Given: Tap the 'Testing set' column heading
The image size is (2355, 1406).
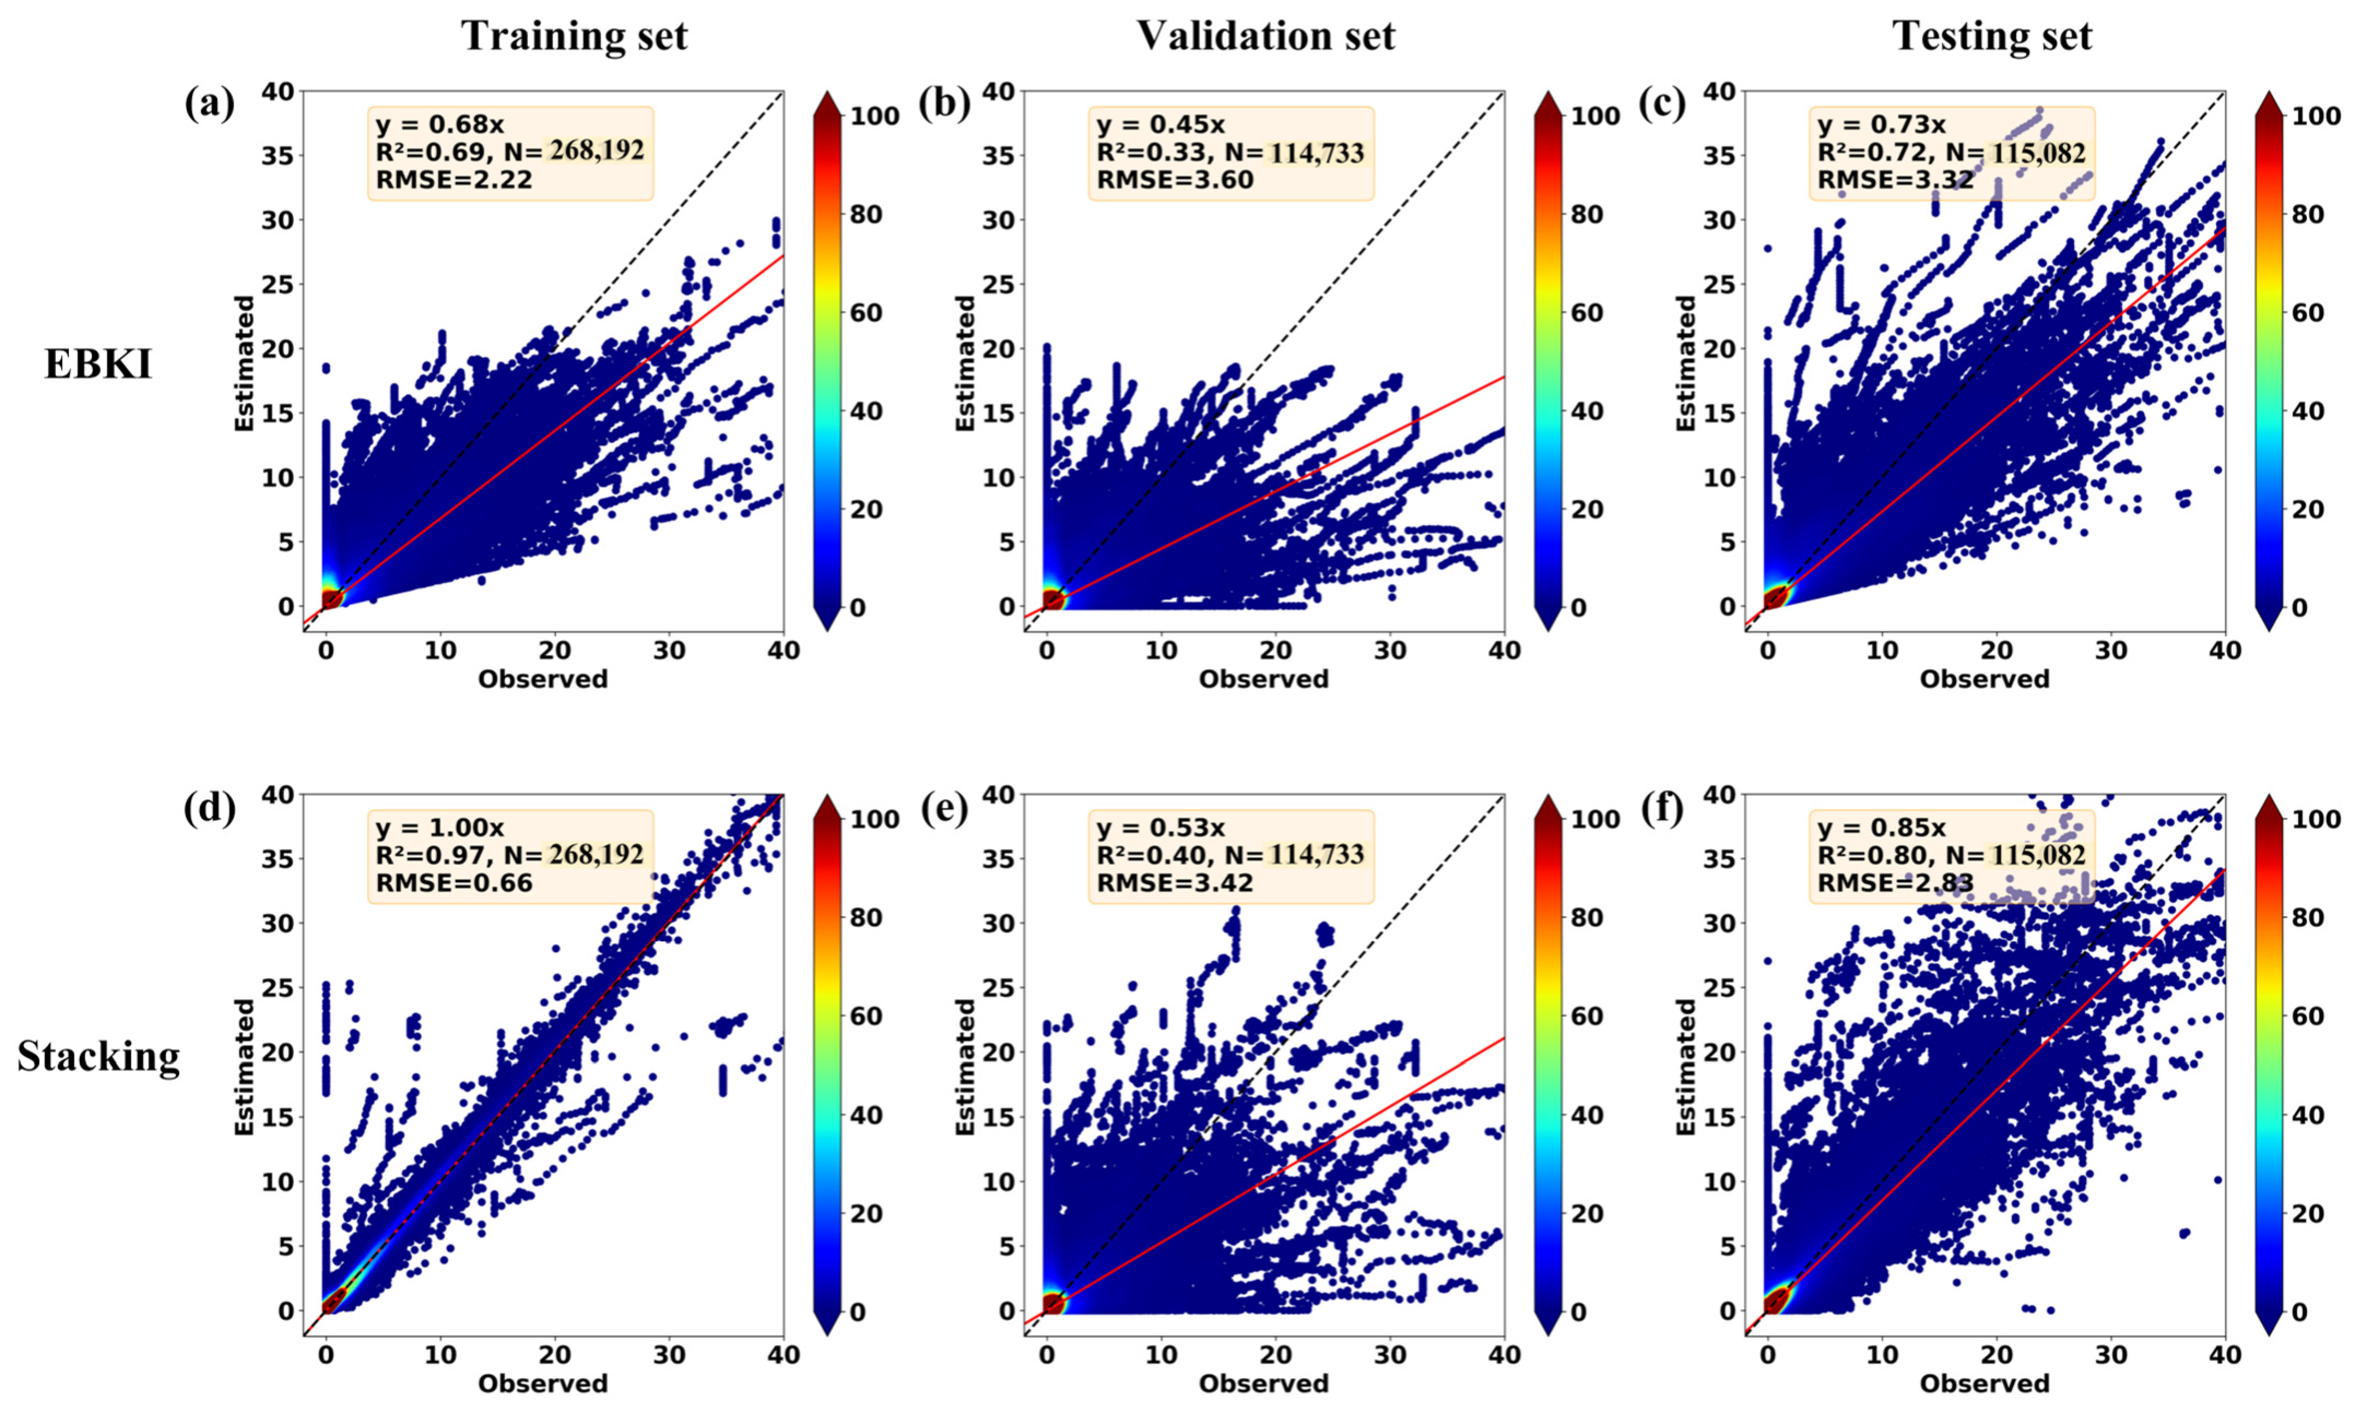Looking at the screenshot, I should pyautogui.click(x=1992, y=36).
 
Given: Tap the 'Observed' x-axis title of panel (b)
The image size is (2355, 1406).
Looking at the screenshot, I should pyautogui.click(x=1264, y=678).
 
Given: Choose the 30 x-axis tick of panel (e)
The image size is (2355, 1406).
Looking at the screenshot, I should pyautogui.click(x=1391, y=1355).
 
